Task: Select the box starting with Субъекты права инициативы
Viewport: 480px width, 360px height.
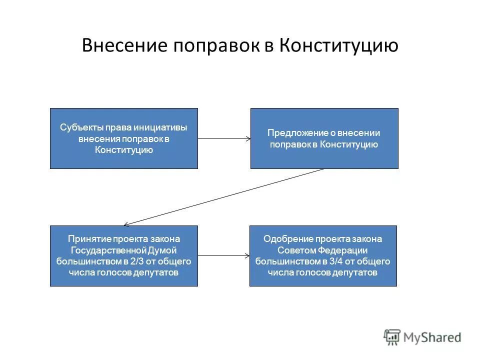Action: coord(124,138)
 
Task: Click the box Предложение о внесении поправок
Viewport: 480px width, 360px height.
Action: coord(324,138)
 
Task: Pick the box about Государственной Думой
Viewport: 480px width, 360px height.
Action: coord(124,256)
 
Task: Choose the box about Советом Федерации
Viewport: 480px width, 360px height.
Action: coord(323,256)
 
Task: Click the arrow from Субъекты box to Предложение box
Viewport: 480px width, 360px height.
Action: coord(224,138)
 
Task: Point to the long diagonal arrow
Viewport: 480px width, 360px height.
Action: coord(224,196)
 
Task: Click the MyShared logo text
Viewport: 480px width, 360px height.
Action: coord(433,337)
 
